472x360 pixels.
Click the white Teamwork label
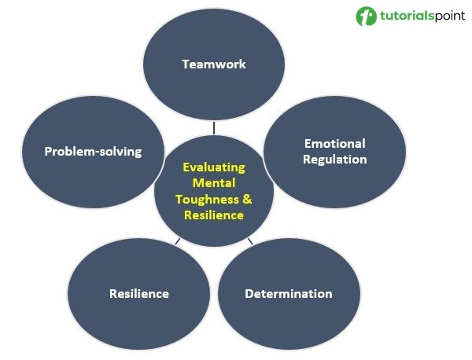[213, 64]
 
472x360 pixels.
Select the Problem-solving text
[93, 151]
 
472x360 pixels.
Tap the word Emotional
[334, 144]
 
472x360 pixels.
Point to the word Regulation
[335, 159]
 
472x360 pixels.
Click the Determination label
[288, 294]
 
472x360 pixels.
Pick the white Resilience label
[139, 294]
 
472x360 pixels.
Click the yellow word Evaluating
[214, 167]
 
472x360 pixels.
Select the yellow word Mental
[214, 183]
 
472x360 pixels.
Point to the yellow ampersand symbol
[246, 199]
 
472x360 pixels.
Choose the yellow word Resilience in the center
[214, 215]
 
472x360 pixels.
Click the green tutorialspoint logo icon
[366, 17]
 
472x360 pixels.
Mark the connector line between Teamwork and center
[213, 126]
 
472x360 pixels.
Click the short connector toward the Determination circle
[250, 241]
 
